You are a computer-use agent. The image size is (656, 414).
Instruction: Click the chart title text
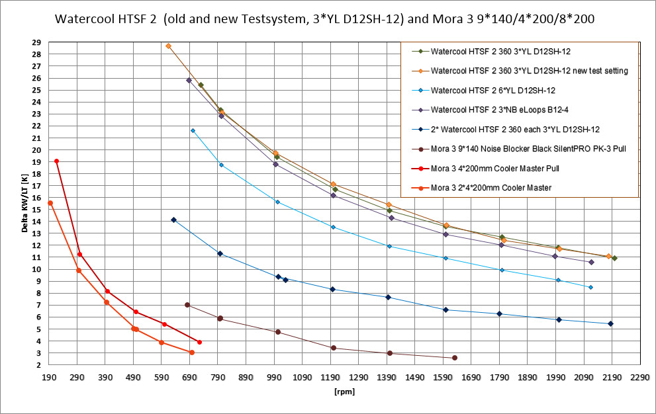[324, 19]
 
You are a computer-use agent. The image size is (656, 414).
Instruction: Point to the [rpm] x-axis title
[344, 392]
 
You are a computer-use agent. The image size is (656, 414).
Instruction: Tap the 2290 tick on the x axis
[640, 377]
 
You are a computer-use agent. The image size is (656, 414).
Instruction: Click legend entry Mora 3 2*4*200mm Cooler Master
[491, 188]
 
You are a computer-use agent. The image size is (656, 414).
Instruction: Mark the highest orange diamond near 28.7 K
[169, 46]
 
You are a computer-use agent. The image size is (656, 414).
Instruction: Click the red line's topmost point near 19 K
[57, 161]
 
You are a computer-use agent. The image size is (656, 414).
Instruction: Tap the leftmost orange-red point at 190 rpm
[50, 203]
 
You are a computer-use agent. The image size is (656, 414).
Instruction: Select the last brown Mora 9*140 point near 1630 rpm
[455, 358]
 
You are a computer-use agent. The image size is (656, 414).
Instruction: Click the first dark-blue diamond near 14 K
[173, 220]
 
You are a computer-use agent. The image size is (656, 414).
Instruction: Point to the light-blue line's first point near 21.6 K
[193, 130]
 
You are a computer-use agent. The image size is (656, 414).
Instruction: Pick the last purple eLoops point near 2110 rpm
[591, 262]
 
